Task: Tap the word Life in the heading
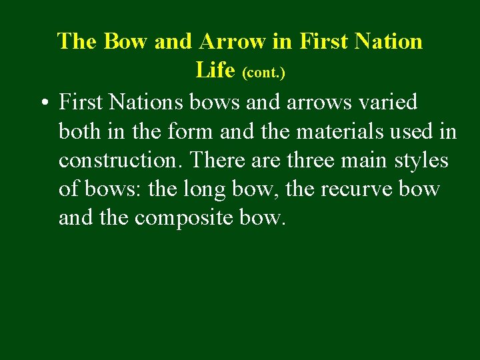coord(215,70)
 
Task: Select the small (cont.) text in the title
coord(263,73)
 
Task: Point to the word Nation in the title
coord(389,41)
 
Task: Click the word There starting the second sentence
coord(212,161)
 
